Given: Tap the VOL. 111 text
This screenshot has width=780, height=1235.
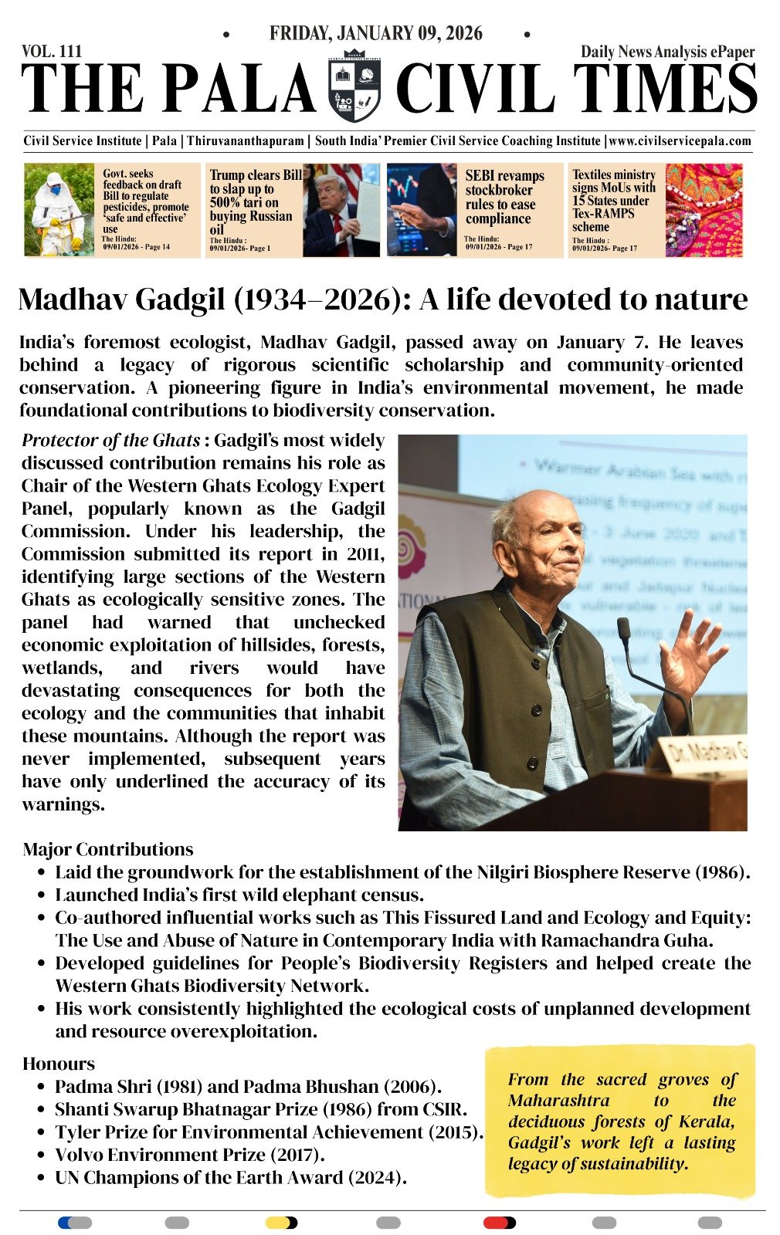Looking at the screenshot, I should (x=52, y=51).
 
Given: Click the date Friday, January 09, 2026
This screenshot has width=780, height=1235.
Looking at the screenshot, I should (x=375, y=33).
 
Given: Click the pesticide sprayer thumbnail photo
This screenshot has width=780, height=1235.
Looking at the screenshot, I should (x=59, y=209).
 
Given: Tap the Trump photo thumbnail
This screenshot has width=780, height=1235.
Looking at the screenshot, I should (x=341, y=209).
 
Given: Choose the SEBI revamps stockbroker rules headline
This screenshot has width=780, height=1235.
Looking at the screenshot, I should (x=504, y=197).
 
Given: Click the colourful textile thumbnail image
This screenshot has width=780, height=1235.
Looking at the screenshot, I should (x=704, y=209).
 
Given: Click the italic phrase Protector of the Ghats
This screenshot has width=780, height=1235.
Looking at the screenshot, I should (x=111, y=441).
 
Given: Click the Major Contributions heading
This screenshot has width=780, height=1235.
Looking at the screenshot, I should (x=108, y=850).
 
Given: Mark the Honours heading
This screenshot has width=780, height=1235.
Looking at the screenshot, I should (x=59, y=1064).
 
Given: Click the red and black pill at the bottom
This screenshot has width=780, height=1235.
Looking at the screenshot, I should (x=499, y=1223).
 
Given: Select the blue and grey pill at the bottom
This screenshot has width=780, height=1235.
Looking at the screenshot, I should (x=75, y=1223).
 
